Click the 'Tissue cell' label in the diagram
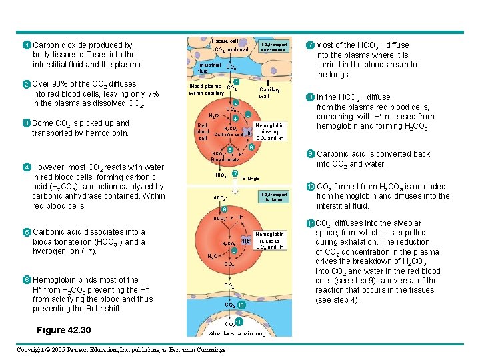[x=224, y=41]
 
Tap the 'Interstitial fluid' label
[x=210, y=67]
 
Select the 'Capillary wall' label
[x=269, y=93]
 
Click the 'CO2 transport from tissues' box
[x=273, y=47]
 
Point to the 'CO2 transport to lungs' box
[x=274, y=197]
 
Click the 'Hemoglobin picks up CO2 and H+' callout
[x=269, y=131]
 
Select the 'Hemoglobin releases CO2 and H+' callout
[x=269, y=241]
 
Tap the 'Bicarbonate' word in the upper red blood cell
[x=225, y=160]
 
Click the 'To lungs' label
[x=249, y=179]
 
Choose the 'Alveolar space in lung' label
[x=237, y=333]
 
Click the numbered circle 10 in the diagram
[x=241, y=305]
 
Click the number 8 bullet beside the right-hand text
[x=310, y=97]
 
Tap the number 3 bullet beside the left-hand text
[x=25, y=123]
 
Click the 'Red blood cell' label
[x=202, y=131]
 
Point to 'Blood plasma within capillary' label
[x=207, y=89]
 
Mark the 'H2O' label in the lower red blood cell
[x=211, y=257]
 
